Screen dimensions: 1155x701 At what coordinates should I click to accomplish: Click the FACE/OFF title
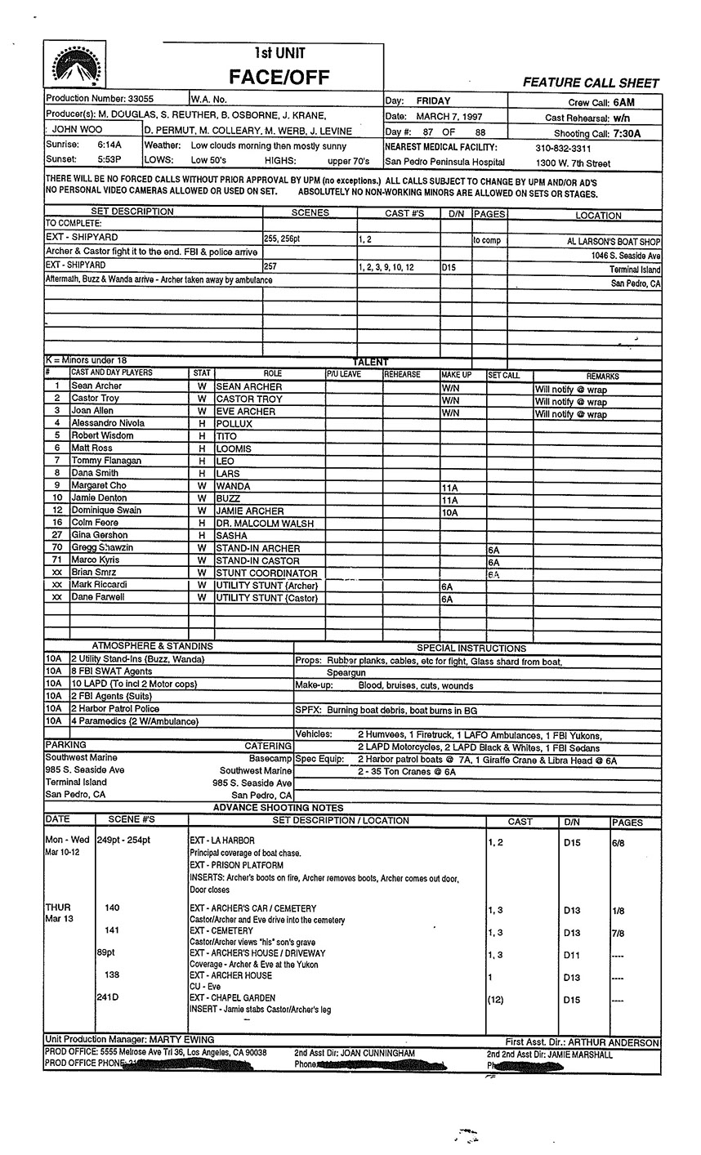pos(279,77)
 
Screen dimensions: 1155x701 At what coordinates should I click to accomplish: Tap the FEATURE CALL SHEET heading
pos(591,82)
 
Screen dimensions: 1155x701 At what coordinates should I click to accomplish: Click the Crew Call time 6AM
pos(623,102)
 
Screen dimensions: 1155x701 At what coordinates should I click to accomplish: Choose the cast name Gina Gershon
pos(100,535)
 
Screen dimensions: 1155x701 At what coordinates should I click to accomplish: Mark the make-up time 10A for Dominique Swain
pos(449,512)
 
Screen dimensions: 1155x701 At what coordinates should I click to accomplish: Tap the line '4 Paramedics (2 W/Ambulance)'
pos(134,721)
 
